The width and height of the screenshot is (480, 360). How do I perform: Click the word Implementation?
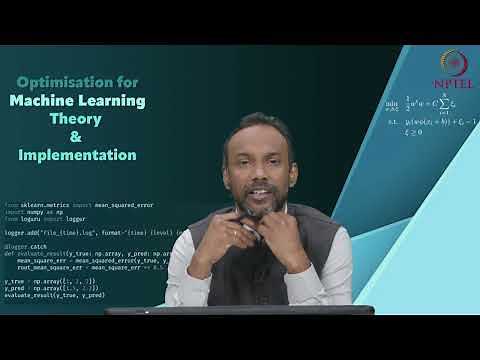click(x=77, y=155)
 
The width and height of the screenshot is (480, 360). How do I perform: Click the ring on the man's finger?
click(x=236, y=233)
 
